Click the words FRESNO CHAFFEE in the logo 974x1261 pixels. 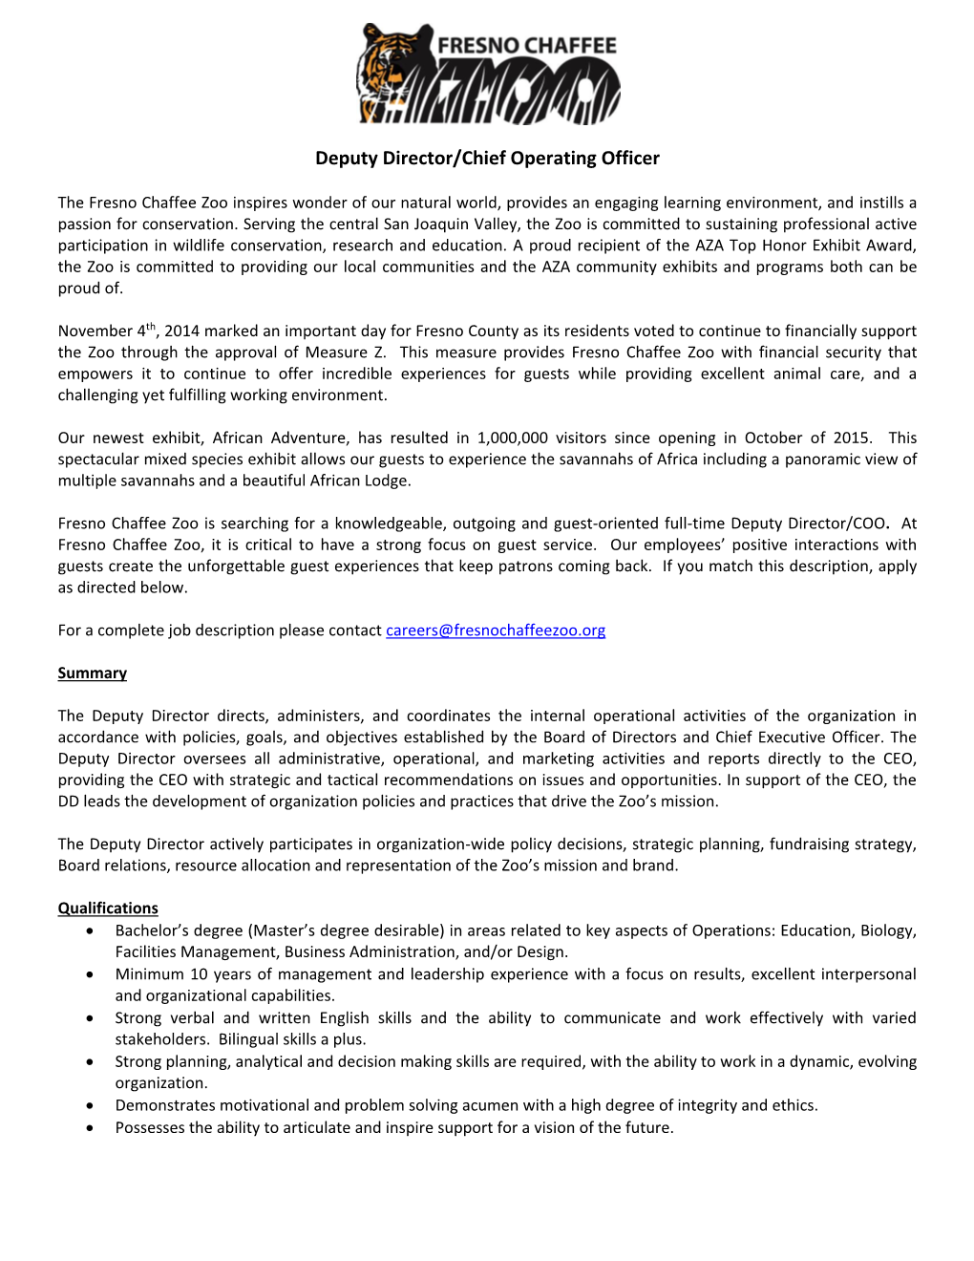(x=527, y=45)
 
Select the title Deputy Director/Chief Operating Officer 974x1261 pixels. (x=487, y=159)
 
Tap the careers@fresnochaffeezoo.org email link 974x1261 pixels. (x=496, y=630)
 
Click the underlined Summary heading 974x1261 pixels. (x=92, y=673)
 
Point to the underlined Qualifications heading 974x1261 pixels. (x=108, y=908)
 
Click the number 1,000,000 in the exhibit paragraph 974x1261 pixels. (x=513, y=438)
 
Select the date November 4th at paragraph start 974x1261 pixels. (x=105, y=331)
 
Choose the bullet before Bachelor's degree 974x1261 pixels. (x=90, y=930)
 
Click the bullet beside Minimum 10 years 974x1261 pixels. (x=90, y=974)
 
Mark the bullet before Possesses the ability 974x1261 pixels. (x=90, y=1128)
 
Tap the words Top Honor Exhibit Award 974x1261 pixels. (x=822, y=246)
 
